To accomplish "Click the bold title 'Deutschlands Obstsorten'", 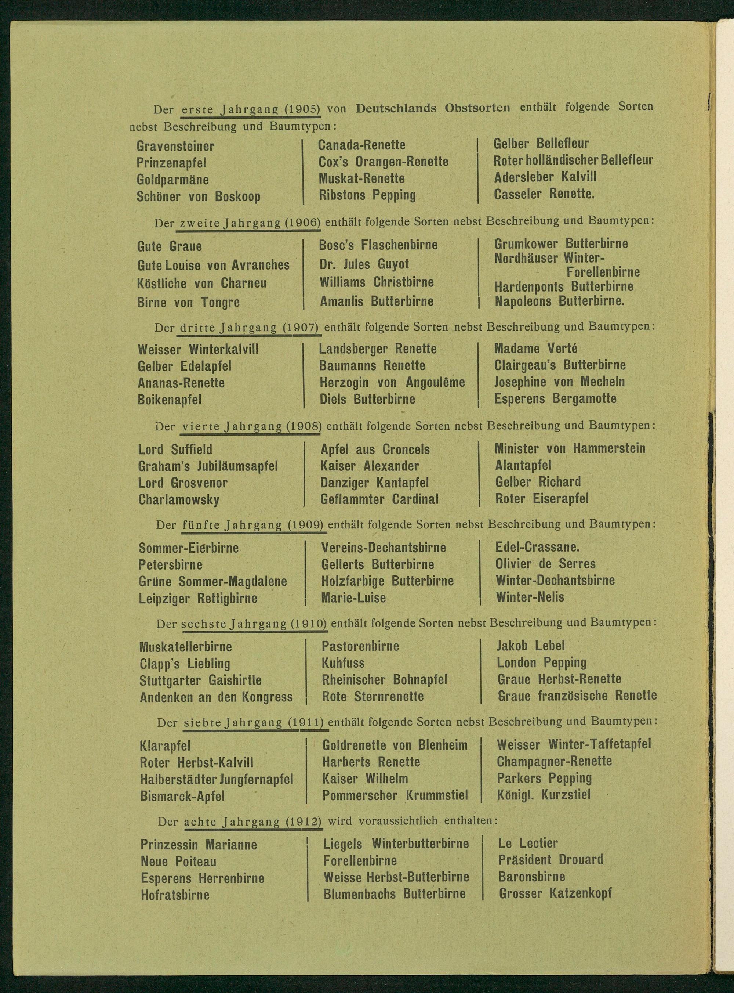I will pos(433,108).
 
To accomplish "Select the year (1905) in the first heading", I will pos(302,108).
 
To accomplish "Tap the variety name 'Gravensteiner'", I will pos(175,146).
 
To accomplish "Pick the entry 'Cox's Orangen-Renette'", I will pos(384,162).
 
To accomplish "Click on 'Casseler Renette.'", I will pos(544,194).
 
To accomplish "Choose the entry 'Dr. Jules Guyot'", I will pos(364,264).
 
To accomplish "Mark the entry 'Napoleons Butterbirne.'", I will pos(560,301).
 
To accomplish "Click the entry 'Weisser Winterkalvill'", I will pos(198,349).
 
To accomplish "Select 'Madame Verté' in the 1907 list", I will pos(535,349).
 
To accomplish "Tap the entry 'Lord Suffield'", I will pos(175,449).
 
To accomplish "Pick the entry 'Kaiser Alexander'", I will pos(370,466).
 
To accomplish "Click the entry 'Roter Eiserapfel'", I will pos(542,499).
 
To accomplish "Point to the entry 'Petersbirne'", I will pos(171,565).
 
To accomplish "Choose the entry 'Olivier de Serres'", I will pos(545,564).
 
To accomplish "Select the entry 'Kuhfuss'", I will pos(343,663).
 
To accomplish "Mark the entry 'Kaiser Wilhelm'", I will pos(365,779).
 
